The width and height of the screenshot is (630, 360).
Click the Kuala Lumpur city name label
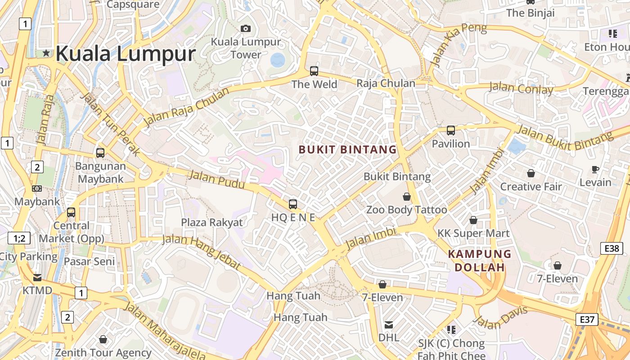(125, 54)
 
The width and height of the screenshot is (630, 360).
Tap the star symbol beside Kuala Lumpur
(46, 53)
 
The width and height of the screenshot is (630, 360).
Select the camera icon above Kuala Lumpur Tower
(246, 29)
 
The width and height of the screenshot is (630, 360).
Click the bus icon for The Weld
(314, 71)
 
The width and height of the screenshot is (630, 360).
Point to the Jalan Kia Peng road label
(459, 45)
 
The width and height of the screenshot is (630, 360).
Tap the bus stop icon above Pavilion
(451, 130)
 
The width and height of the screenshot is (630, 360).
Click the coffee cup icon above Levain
(595, 170)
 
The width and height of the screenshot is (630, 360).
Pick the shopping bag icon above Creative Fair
(531, 173)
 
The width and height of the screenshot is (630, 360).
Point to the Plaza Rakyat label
(211, 222)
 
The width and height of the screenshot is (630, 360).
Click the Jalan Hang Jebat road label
(201, 252)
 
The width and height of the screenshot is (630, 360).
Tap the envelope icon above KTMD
(37, 277)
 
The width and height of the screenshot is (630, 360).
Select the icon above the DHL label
(389, 324)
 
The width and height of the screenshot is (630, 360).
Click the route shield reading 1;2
(19, 238)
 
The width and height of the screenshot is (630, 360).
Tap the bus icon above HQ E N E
(293, 204)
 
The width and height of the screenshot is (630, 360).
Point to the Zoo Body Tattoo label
(407, 210)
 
